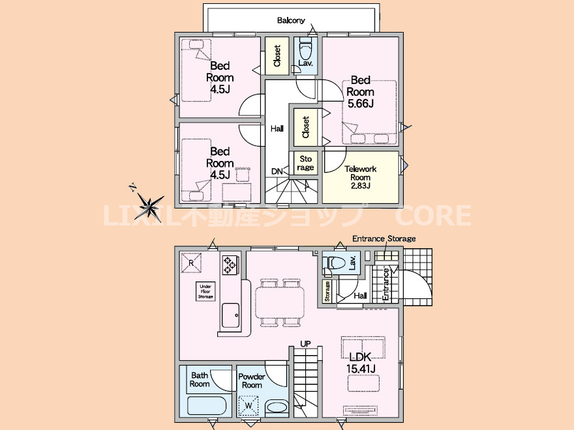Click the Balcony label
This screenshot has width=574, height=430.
pos(291,20)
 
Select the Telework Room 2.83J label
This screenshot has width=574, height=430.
pos(360,177)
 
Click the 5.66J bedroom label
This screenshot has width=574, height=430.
pos(361,92)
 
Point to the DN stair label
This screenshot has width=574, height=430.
pos(277,171)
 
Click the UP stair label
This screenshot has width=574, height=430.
pos(305,344)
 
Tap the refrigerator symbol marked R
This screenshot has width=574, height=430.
pos(191,263)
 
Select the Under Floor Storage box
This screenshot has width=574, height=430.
pos(205,291)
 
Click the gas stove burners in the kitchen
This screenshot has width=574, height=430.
pos(230,265)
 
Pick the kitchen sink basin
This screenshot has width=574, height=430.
pos(230,315)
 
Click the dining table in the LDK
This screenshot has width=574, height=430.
pos(280,302)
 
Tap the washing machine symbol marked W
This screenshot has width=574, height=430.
pos(249,406)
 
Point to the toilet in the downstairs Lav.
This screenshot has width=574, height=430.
pos(336,262)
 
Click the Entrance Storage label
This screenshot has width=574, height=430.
pos(384,238)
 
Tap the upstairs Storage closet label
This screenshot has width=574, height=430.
pos(305,163)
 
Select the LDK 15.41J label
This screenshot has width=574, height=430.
pos(361,362)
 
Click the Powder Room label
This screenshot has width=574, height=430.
pos(252,380)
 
